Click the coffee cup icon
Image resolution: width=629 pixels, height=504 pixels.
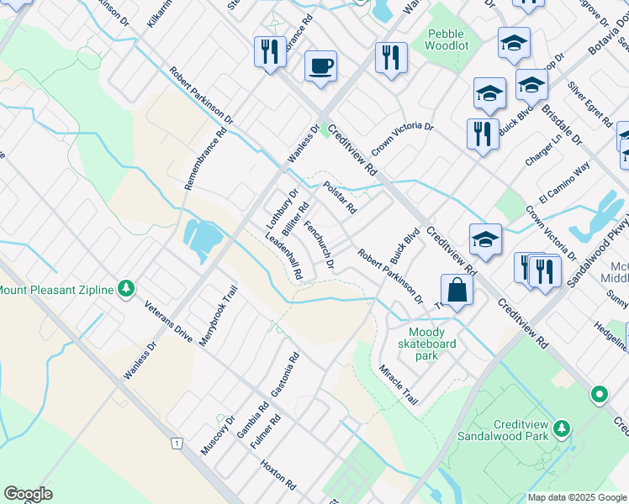tap(320, 66)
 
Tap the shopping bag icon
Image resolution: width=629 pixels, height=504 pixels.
tap(456, 291)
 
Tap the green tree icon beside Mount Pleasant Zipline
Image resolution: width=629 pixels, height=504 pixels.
tap(126, 290)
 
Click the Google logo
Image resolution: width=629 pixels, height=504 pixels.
tap(28, 494)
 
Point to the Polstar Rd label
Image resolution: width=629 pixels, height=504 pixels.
tap(341, 197)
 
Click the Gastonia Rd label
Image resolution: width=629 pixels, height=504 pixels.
tap(285, 375)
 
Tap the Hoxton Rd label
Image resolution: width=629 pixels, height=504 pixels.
tap(278, 475)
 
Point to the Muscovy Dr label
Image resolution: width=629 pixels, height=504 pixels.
tap(217, 435)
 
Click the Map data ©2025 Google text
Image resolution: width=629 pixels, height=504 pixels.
tap(577, 497)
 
